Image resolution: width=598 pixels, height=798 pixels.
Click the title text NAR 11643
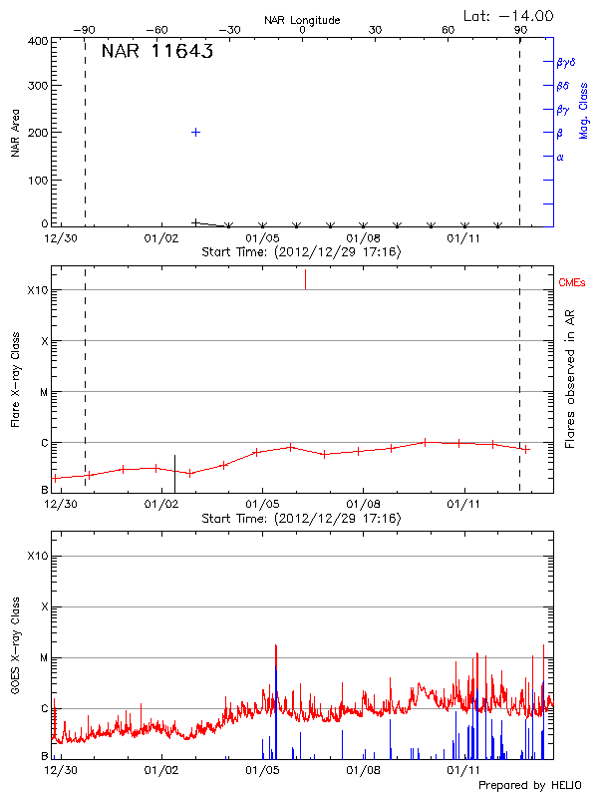157,53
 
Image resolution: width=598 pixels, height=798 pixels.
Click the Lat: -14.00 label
509,15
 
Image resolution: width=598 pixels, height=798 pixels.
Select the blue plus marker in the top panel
196,132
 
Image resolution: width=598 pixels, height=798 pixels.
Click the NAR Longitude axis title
302,20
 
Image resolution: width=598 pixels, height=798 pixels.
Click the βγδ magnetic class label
566,62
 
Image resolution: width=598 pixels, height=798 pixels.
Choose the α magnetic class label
560,157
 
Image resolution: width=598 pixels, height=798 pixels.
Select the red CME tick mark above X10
305,279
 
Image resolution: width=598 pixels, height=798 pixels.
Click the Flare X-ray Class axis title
15,379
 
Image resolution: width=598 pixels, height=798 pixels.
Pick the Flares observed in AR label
570,379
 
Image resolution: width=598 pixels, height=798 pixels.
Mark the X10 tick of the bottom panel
38,556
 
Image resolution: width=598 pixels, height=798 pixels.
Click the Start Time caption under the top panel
301,252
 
